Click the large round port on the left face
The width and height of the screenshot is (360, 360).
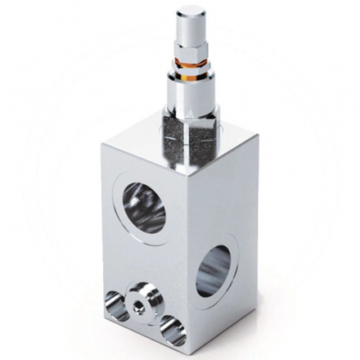pyautogui.click(x=143, y=208)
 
